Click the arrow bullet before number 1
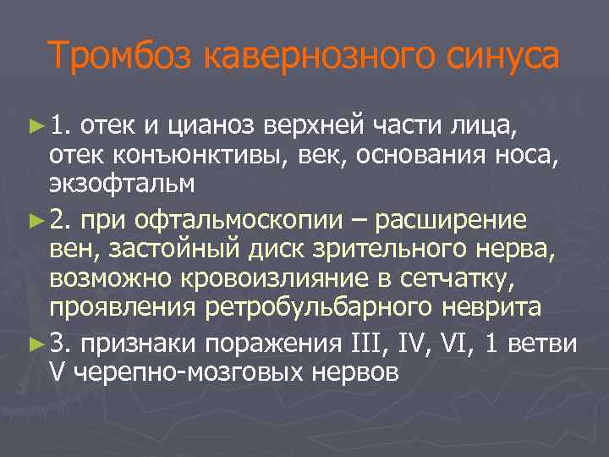tap(34, 127)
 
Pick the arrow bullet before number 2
tap(34, 221)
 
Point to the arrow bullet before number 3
tap(34, 343)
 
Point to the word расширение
tap(453, 221)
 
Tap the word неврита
tap(494, 306)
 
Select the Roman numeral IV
tap(405, 343)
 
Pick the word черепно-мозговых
tap(170, 370)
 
